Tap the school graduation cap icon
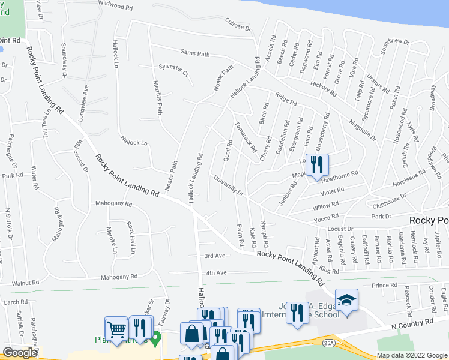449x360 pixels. [x=346, y=299]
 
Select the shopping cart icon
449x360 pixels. [x=116, y=328]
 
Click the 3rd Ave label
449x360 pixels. [x=214, y=256]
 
